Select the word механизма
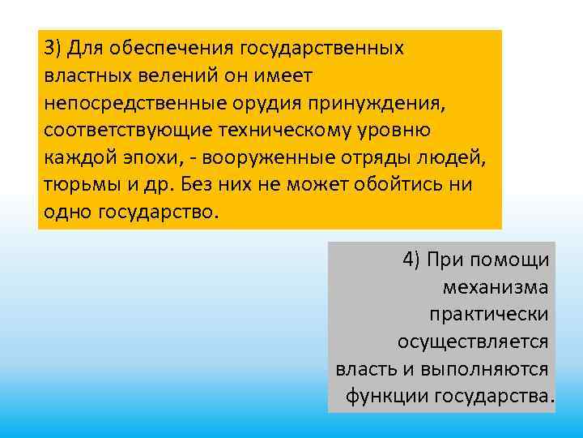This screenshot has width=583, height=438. tap(496, 287)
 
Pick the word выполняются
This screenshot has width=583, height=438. tap(483, 369)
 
